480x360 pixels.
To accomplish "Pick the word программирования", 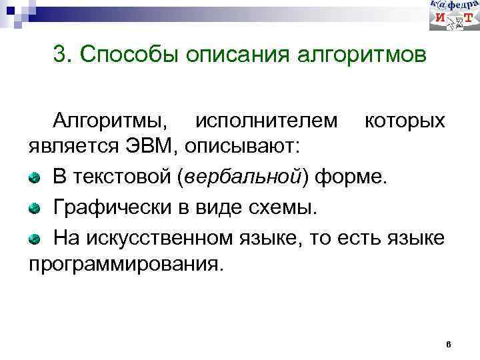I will [123, 261].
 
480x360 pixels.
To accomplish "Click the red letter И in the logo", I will [440, 21].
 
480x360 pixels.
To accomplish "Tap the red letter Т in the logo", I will [469, 21].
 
